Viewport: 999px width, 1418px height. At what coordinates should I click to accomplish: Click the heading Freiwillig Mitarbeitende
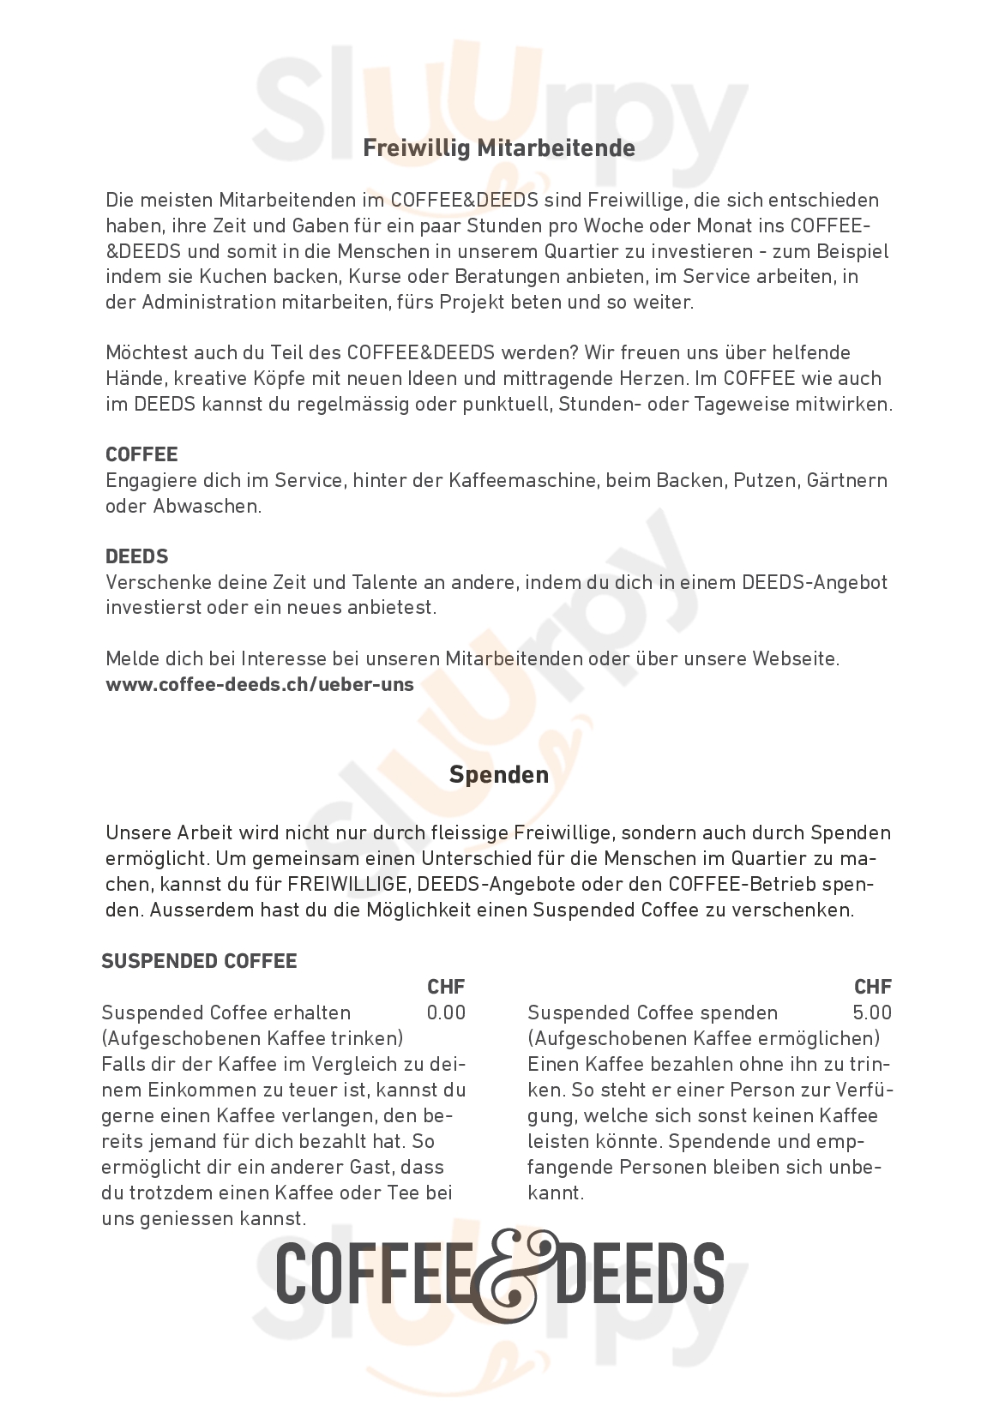(499, 148)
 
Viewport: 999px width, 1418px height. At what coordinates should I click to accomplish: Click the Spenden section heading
(499, 774)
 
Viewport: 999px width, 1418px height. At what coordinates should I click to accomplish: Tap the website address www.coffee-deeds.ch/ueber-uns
(259, 684)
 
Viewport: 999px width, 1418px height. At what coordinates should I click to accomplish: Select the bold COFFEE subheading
(141, 454)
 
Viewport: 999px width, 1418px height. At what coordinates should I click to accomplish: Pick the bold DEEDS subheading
(136, 556)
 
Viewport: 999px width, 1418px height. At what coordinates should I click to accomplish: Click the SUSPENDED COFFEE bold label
(199, 961)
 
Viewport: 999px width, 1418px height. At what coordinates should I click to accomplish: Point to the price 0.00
(446, 1012)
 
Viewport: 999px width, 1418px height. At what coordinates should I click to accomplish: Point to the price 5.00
(872, 1012)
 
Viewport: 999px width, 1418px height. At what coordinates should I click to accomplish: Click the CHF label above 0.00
(446, 987)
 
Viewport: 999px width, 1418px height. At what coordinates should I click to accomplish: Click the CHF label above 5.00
(873, 987)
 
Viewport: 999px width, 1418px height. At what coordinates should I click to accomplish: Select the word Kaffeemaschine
(522, 480)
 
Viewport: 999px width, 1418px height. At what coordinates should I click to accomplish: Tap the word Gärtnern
(846, 480)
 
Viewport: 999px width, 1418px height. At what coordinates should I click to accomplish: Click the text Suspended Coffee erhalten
(226, 1012)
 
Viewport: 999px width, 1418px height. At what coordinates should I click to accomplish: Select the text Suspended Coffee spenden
(653, 1012)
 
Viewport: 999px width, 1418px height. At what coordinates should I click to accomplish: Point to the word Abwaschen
(206, 506)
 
